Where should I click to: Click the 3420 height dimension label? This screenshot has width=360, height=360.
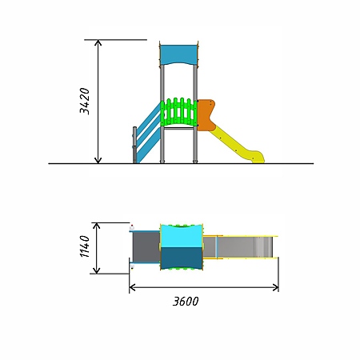[x=85, y=101]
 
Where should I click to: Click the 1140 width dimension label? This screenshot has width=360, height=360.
[x=85, y=246]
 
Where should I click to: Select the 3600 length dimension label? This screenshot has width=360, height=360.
[x=186, y=302]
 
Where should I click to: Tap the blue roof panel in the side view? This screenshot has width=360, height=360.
[x=178, y=54]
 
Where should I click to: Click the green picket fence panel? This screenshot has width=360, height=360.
[x=178, y=112]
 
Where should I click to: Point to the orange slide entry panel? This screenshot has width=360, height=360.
[x=206, y=115]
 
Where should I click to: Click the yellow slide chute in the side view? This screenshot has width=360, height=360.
[x=238, y=146]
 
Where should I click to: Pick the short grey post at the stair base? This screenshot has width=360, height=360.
[x=134, y=145]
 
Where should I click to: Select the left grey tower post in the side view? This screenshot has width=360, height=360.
[x=162, y=114]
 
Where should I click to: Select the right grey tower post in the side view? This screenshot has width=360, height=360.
[x=195, y=114]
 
